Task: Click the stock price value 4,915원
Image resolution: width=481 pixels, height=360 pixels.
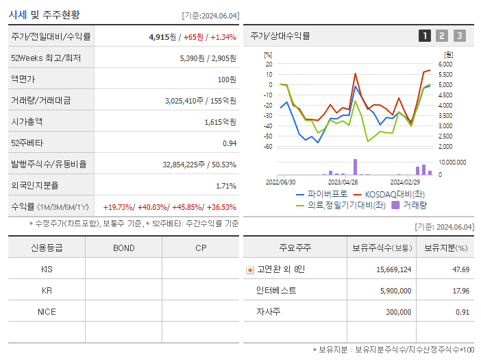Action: (x=162, y=36)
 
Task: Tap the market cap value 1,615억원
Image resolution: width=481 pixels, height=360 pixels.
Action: (x=220, y=121)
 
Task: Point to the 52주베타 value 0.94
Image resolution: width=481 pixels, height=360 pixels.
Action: (x=229, y=143)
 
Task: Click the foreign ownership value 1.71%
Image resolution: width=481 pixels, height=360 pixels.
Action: (x=225, y=185)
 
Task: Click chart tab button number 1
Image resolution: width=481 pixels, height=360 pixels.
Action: (x=425, y=36)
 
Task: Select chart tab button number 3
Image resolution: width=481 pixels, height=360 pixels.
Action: (x=459, y=36)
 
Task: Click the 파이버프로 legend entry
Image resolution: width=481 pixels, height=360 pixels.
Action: (x=319, y=194)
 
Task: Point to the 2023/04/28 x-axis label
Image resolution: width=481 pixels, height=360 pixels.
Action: (x=343, y=182)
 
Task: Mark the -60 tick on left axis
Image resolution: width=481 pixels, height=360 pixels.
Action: (x=268, y=147)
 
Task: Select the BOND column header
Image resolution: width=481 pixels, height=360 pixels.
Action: (x=123, y=248)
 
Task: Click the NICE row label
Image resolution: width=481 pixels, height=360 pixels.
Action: (x=47, y=311)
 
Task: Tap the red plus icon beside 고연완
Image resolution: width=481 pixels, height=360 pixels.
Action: (x=249, y=269)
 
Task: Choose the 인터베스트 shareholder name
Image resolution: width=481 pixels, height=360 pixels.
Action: (x=276, y=290)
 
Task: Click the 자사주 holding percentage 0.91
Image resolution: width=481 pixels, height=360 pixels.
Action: (x=463, y=311)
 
